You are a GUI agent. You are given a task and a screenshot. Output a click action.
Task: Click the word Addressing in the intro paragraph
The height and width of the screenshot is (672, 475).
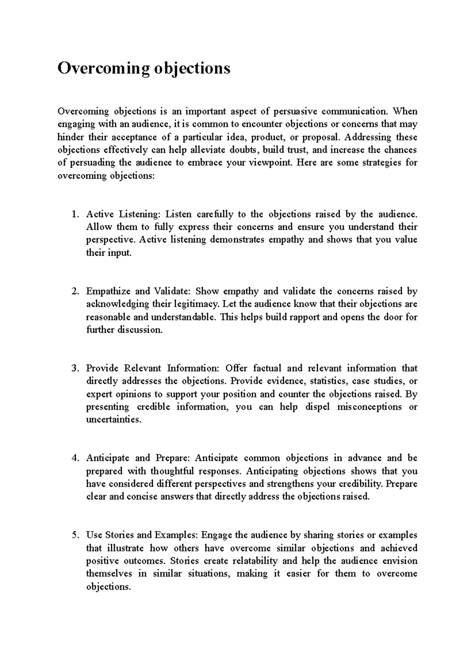click(367, 137)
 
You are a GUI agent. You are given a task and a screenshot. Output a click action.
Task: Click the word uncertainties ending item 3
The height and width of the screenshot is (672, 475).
click(113, 420)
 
